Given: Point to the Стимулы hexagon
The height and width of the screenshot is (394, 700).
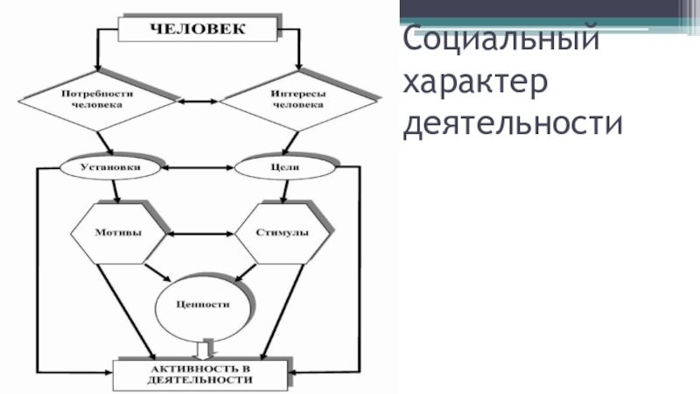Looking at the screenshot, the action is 281,234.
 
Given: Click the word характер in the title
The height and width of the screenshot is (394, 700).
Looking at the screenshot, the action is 475,82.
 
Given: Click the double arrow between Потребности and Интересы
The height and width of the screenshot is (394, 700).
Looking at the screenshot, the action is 197,102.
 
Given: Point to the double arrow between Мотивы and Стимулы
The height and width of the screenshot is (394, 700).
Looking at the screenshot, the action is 199,234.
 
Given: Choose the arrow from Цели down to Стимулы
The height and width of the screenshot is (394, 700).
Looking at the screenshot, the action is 278,191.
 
